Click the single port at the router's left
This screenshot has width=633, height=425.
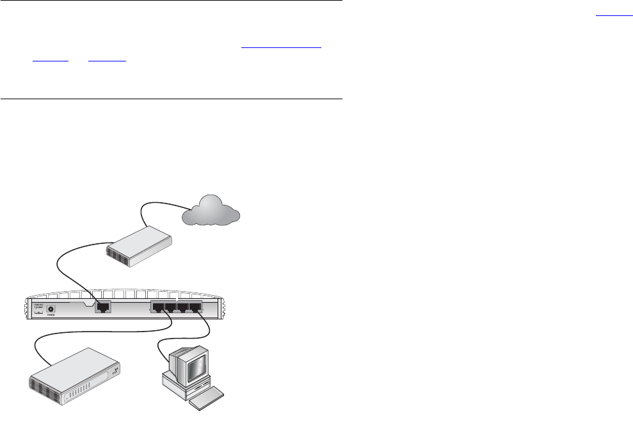(102, 307)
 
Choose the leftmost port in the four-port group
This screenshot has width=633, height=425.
(159, 307)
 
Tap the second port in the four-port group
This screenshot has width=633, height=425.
(171, 307)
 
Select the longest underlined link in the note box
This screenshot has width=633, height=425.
(281, 47)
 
